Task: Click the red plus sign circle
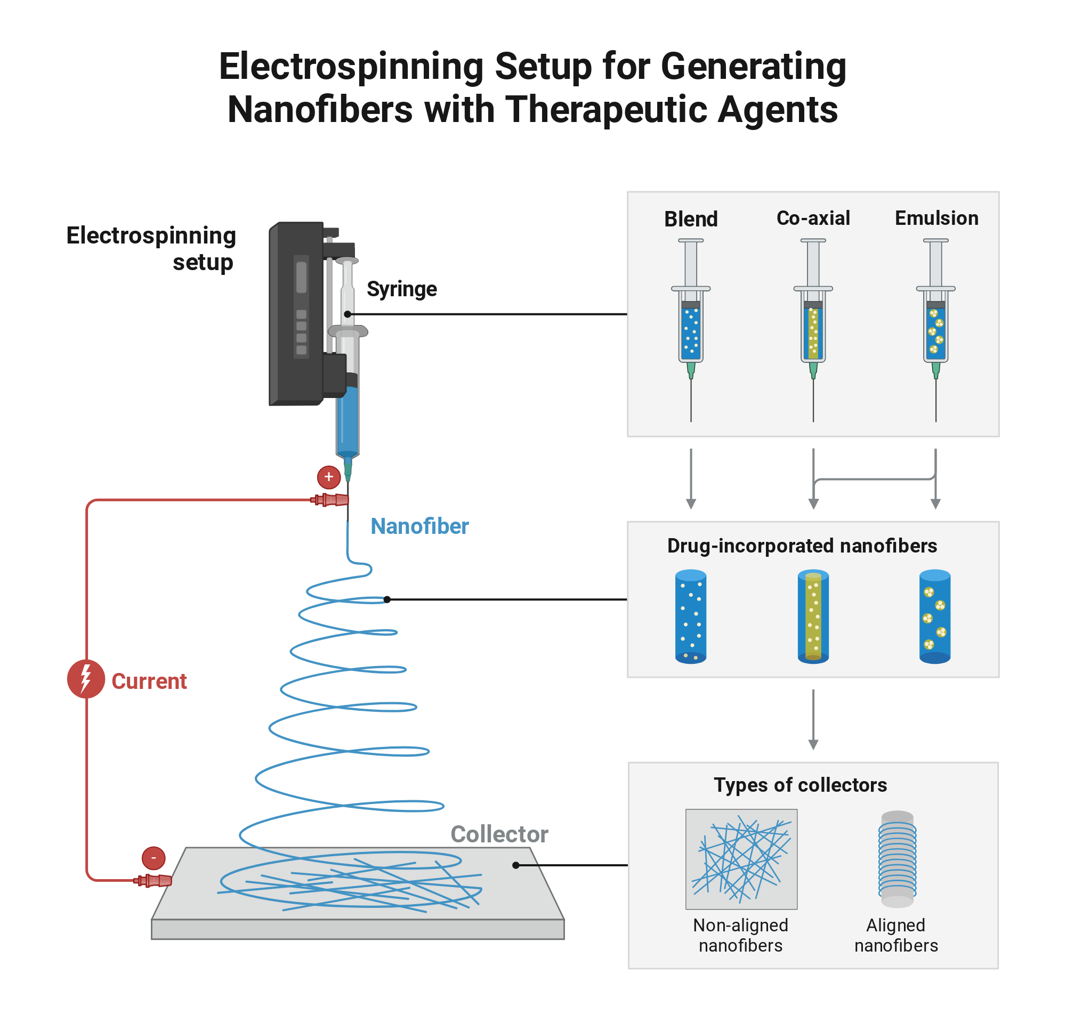tap(328, 477)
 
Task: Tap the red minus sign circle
tap(154, 858)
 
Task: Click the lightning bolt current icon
tap(85, 679)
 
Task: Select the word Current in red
tap(149, 681)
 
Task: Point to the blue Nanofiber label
tap(419, 526)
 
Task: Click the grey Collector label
tap(499, 834)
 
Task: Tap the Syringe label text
tap(401, 289)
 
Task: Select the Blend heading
tap(691, 219)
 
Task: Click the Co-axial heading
tap(813, 218)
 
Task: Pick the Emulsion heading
tap(936, 218)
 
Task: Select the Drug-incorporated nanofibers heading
tap(802, 546)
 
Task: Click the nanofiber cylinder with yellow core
tap(813, 616)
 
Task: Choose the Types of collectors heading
tap(801, 785)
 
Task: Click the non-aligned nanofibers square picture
tap(741, 859)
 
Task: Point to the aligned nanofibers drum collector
tap(897, 859)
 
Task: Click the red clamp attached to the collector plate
tap(153, 881)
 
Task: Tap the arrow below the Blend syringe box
tap(691, 479)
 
